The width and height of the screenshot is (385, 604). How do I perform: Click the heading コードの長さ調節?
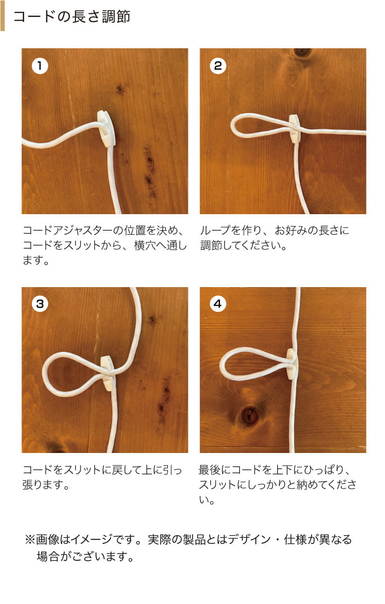click(72, 16)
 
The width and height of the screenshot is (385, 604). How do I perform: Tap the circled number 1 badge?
click(40, 66)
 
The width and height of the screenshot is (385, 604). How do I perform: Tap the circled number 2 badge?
click(218, 66)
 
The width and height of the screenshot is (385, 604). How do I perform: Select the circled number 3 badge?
click(40, 304)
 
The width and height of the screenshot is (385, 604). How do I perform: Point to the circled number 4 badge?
click(218, 304)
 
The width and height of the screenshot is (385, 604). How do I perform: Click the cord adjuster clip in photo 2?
click(295, 128)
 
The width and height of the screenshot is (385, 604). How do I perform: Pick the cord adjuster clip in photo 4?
click(291, 364)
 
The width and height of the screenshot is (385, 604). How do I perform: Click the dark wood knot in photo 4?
click(249, 415)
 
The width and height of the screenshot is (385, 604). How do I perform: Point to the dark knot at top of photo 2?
click(302, 52)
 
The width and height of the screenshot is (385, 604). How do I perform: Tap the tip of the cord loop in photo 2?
click(232, 126)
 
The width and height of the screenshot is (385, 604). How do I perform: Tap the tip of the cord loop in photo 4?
click(221, 365)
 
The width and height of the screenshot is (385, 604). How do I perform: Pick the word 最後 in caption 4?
click(210, 470)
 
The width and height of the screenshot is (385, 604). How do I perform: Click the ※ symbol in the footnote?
click(30, 539)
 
